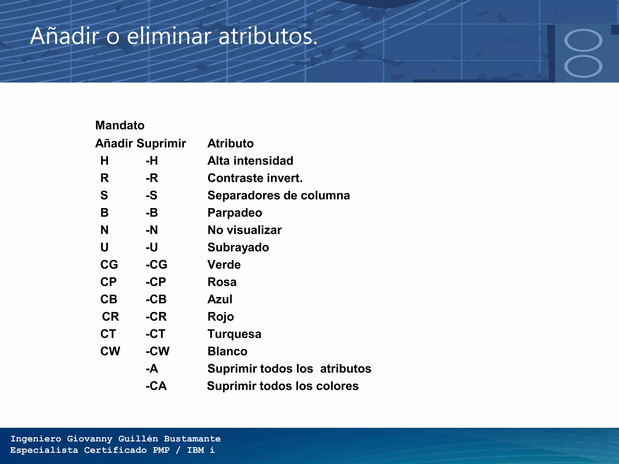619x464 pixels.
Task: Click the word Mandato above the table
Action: pyautogui.click(x=120, y=125)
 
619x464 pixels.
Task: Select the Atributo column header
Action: pyautogui.click(x=230, y=143)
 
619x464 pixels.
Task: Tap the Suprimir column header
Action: pyautogui.click(x=161, y=143)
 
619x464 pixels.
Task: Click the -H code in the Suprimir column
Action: pyautogui.click(x=152, y=161)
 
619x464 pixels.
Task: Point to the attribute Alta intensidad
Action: pyautogui.click(x=250, y=161)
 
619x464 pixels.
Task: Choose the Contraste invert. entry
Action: pyautogui.click(x=255, y=178)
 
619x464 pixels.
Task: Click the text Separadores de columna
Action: pyautogui.click(x=278, y=195)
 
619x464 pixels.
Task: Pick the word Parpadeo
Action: pyautogui.click(x=235, y=213)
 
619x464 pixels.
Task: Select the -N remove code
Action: pyautogui.click(x=152, y=230)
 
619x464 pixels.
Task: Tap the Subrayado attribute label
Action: pyautogui.click(x=238, y=247)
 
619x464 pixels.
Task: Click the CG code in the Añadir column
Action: pyautogui.click(x=109, y=265)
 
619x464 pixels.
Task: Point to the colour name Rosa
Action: pyautogui.click(x=222, y=282)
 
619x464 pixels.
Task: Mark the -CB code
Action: pyautogui.click(x=156, y=299)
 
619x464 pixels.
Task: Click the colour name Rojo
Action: pyautogui.click(x=221, y=317)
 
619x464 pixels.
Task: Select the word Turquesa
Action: pyautogui.click(x=234, y=334)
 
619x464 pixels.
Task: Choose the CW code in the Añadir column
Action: pyautogui.click(x=110, y=351)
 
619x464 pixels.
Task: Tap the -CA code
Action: pyautogui.click(x=156, y=386)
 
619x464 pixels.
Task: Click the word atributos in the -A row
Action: pyautogui.click(x=345, y=369)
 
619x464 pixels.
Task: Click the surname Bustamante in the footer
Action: pyautogui.click(x=192, y=439)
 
